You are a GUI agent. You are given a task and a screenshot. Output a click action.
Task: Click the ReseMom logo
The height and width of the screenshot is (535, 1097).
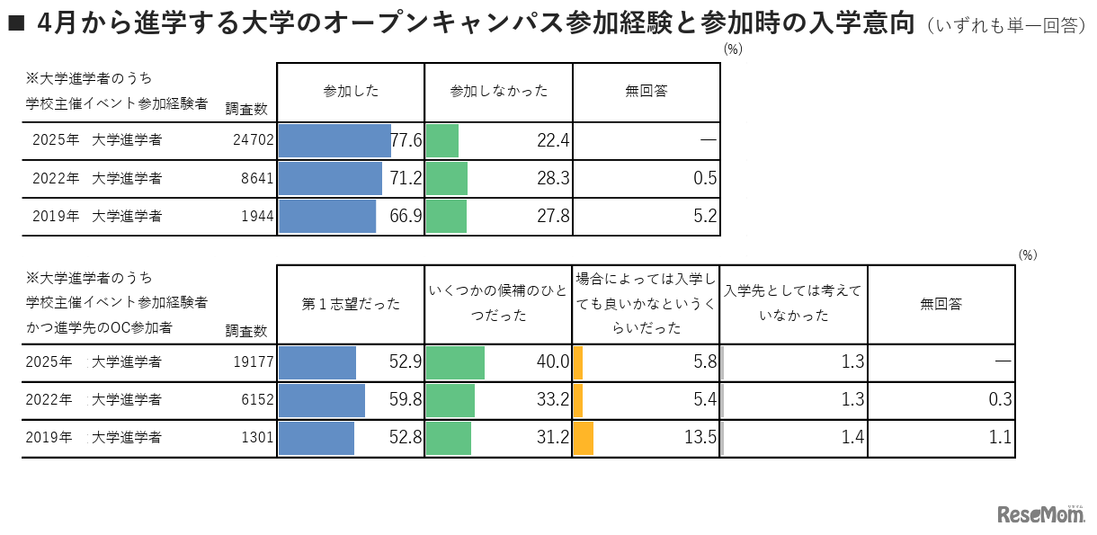click(1041, 514)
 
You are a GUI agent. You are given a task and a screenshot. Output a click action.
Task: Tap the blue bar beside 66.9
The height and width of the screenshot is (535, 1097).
click(327, 217)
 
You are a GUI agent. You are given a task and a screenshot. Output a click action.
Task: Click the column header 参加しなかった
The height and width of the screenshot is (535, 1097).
click(498, 91)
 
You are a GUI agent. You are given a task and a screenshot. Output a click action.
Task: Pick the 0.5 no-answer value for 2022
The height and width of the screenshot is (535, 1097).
click(706, 179)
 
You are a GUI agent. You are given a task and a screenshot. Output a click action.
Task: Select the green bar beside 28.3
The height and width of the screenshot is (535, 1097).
click(447, 179)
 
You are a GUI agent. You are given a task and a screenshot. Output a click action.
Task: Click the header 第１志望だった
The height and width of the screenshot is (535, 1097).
click(351, 304)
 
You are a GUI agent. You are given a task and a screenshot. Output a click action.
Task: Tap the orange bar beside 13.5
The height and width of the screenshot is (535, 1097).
click(584, 439)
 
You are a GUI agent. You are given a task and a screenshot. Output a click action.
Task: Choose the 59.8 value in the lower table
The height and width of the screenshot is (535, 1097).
click(406, 400)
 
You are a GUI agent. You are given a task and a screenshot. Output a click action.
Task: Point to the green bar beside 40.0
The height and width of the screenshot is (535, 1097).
click(455, 362)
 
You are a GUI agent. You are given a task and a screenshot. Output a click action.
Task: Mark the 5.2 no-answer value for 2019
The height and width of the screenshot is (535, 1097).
click(706, 217)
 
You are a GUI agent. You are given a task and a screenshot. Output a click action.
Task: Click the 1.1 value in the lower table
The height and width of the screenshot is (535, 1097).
click(1001, 439)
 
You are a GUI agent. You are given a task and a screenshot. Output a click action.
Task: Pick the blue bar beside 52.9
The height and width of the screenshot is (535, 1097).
click(317, 362)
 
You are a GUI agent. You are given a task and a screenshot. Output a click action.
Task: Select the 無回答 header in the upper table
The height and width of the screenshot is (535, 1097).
click(646, 91)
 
